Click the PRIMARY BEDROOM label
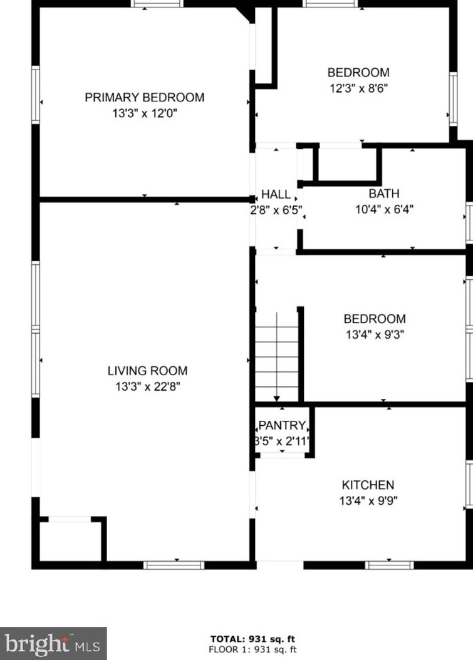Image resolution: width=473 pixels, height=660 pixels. pos(145,97)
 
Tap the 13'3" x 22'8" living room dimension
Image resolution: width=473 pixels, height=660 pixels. pos(148,386)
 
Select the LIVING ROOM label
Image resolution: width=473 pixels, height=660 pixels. pos(147,371)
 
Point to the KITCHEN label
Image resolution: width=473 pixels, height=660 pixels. pos(368,485)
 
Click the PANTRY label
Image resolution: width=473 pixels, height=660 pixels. pos(282,425)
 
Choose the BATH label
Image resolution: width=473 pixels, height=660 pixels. pos(384,193)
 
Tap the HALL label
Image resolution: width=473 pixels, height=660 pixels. pos(276,194)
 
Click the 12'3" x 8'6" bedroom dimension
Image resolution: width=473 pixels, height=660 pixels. pos(358,88)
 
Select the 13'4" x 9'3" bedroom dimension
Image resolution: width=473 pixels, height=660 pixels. pos(375,334)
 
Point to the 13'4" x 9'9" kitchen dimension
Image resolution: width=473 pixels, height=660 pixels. pos(368,501)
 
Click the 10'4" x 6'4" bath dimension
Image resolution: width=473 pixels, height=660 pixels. pos(384,209)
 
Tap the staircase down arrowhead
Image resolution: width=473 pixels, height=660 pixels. pos(277,398)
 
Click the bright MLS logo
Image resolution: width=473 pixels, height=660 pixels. pos(53,644)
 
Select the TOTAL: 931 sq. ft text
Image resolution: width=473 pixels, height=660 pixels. pos(252,639)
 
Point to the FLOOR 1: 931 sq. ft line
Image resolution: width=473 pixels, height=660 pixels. pos(252,649)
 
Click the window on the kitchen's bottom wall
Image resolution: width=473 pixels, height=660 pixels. pos(389,565)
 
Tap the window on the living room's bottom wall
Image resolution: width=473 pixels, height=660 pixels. pos(174,565)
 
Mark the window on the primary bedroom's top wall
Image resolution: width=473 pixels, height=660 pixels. pos(157,3)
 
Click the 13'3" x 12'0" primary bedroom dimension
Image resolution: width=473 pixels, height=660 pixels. pos(145,113)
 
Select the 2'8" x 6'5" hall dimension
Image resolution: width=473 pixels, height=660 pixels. pos(276,210)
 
